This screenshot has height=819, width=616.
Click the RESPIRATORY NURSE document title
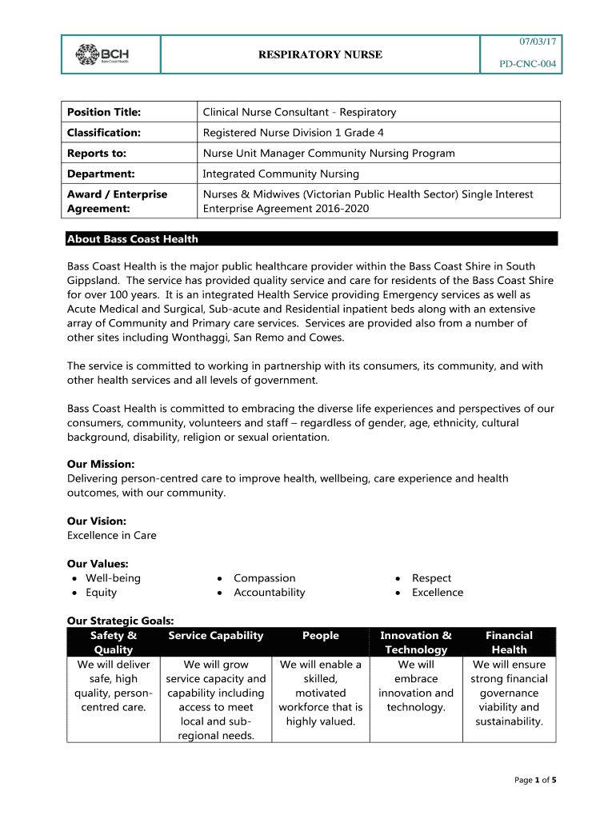coord(319,54)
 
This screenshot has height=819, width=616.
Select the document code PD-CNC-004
coord(529,64)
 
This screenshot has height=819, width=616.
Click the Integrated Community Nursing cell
coord(281,174)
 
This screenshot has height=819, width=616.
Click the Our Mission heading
coord(101,464)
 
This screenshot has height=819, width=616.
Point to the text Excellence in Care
coord(112,535)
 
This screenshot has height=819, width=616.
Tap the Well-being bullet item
coord(113,577)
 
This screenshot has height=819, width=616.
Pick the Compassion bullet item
coord(264,577)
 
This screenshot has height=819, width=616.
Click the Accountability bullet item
coord(269,592)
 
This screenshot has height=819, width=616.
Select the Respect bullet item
coord(431,577)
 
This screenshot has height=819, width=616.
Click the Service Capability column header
coord(215,635)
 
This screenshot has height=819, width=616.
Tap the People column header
coord(320,635)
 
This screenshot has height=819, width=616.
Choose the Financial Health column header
coord(509,642)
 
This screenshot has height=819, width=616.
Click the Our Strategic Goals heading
coord(121,620)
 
